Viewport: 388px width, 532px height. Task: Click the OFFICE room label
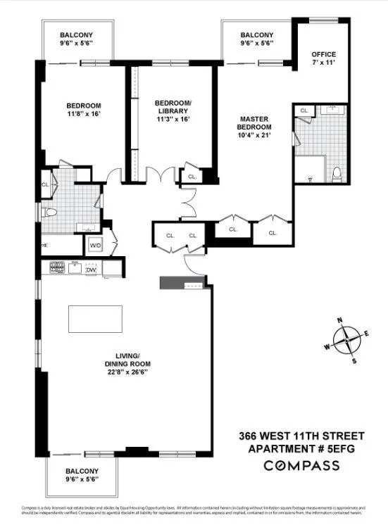coord(324,54)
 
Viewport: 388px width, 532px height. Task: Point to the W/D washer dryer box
coord(94,246)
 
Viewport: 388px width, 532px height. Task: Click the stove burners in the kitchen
coord(57,267)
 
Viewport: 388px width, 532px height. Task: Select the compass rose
coord(346,341)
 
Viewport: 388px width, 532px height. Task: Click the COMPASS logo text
coord(301,465)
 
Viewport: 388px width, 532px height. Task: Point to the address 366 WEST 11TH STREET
coord(301,434)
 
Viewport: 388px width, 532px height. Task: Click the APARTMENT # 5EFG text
coord(301,448)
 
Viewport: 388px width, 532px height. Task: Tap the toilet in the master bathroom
coord(337,173)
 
